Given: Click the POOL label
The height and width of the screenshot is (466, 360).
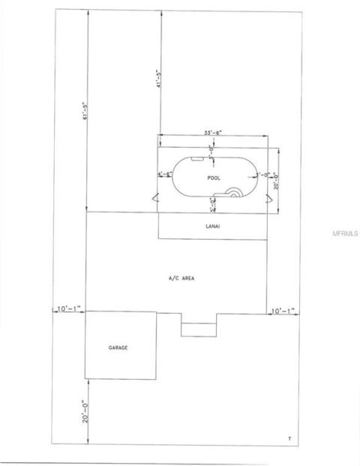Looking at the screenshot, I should click(214, 178).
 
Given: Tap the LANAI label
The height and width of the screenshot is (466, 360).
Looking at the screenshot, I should click(212, 226).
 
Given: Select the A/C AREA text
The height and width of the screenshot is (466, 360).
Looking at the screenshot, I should click(181, 278).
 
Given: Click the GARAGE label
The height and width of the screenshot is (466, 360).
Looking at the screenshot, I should click(119, 348).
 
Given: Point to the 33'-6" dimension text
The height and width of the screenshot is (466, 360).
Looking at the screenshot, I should click(212, 133).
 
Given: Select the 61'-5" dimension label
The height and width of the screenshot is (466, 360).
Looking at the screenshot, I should click(85, 111).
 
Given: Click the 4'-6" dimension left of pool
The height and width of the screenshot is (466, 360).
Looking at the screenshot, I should click(165, 175).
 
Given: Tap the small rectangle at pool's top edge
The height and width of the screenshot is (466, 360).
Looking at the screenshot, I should click(196, 159).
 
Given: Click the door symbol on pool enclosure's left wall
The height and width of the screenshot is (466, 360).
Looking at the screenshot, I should click(154, 199).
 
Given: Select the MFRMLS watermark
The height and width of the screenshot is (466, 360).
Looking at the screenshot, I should click(344, 233).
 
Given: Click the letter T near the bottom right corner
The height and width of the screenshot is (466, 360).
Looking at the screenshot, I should click(289, 438).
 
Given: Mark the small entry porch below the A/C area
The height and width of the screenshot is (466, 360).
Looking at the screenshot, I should click(198, 329).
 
